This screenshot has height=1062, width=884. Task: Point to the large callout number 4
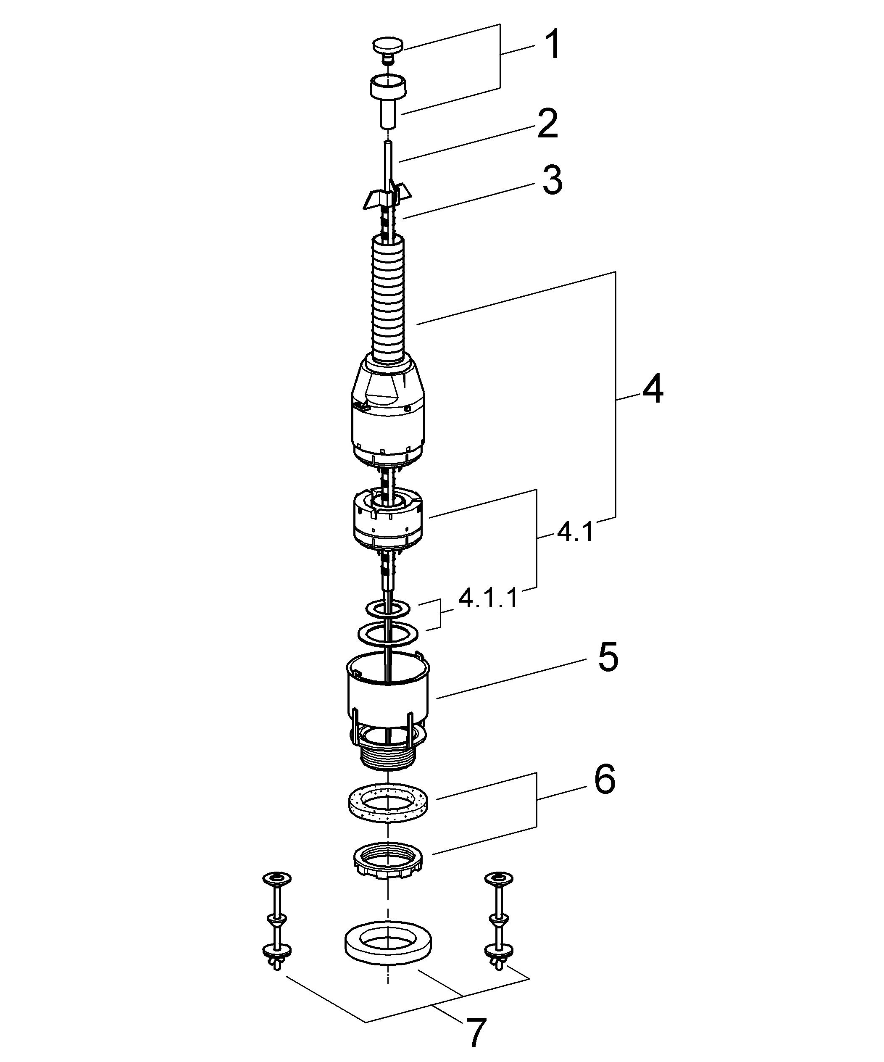click(652, 390)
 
